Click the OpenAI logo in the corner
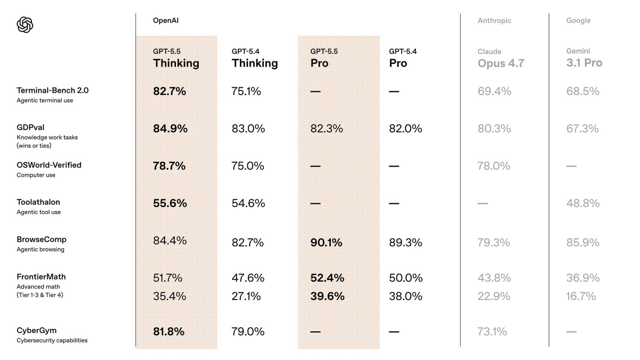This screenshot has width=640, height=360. [25, 25]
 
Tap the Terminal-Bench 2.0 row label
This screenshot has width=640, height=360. [53, 91]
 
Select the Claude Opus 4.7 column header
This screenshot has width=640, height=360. [501, 58]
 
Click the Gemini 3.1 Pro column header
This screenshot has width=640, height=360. [584, 58]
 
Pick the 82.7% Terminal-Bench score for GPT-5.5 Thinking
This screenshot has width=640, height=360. [170, 91]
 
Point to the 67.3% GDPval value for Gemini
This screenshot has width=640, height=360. [582, 128]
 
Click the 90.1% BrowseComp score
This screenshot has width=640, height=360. [326, 243]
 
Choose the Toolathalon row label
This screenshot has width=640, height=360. [38, 202]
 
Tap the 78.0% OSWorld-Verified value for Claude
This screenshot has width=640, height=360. [494, 166]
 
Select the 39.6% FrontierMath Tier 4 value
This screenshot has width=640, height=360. [327, 296]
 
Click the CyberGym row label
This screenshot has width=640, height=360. [37, 330]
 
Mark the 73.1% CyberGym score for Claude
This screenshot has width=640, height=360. [492, 332]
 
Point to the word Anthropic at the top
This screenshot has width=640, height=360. [495, 21]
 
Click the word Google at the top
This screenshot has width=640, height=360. [578, 21]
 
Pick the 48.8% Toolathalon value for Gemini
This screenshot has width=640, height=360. [583, 203]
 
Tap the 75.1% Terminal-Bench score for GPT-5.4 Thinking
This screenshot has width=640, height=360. [246, 91]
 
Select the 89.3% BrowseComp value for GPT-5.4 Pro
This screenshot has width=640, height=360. [406, 243]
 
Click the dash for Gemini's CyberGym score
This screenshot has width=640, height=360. [571, 332]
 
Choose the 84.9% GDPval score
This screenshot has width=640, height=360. [170, 128]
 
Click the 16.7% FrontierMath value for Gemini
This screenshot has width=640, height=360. [581, 296]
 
